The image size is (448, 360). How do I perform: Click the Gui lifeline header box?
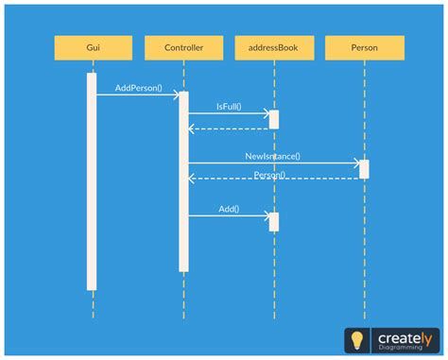[x=93, y=47]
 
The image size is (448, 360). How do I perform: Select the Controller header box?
[x=183, y=47]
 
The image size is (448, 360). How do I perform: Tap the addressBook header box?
[x=274, y=47]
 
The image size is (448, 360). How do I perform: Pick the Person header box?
[x=364, y=47]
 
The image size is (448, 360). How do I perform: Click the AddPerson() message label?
[x=138, y=88]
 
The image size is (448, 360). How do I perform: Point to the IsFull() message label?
[x=229, y=107]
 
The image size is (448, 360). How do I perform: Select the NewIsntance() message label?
[x=272, y=156]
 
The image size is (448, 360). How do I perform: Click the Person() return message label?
[x=271, y=175]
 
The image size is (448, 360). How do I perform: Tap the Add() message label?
[x=229, y=208]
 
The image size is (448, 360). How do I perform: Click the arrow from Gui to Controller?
[x=138, y=94]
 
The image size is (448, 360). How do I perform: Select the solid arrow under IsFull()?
[x=229, y=113]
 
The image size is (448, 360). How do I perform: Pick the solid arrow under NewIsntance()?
[x=273, y=163]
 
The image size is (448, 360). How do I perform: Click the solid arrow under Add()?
[x=229, y=215]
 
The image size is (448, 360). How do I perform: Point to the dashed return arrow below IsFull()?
[x=229, y=128]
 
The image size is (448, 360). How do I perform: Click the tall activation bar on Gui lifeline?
[x=92, y=180]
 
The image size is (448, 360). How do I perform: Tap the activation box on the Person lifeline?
[x=364, y=168]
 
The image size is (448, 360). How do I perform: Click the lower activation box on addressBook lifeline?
[x=274, y=221]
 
